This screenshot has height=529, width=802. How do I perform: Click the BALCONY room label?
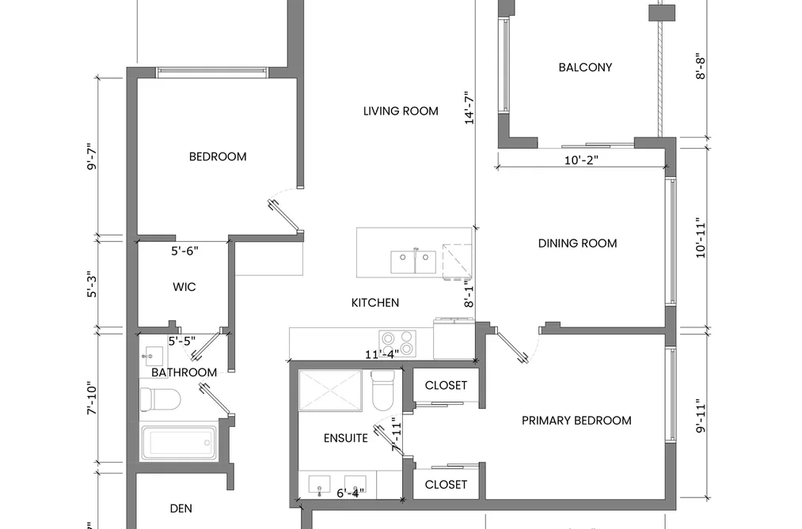585,67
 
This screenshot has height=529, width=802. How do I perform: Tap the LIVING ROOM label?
401,111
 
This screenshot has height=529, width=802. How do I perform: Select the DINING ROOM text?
577,244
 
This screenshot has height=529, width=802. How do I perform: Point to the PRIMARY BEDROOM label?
576,421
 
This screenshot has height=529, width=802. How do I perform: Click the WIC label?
184,287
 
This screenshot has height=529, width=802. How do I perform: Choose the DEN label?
181,508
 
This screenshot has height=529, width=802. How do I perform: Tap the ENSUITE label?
346,438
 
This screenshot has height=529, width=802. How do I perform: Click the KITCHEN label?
375,303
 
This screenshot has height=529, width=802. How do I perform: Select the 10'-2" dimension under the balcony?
581,161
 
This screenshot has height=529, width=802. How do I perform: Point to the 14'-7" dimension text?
469,108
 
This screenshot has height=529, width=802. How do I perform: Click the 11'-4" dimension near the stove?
382,354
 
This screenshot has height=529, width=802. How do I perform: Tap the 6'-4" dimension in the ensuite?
351,493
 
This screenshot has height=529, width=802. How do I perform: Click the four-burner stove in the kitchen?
397,342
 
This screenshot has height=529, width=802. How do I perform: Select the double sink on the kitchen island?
413,262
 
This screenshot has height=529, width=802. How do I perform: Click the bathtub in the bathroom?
178,443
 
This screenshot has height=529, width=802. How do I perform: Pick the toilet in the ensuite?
382,391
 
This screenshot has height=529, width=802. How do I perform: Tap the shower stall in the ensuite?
330,391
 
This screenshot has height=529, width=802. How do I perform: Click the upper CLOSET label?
446,386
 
